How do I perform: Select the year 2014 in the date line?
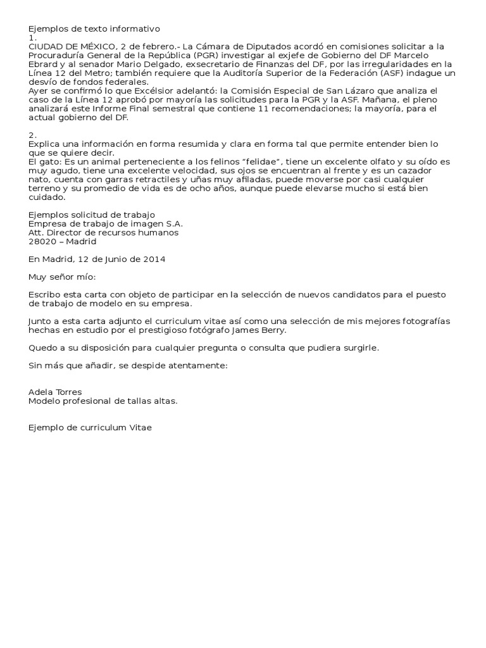tap(154, 259)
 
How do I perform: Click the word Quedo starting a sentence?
tap(42, 347)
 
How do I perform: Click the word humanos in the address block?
tap(160, 232)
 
